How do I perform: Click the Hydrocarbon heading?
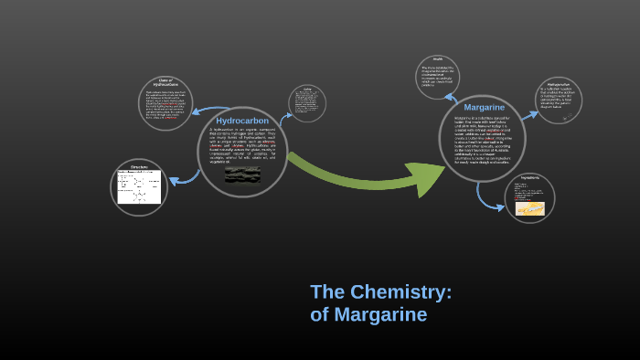(242, 121)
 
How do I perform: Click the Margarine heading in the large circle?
(484, 107)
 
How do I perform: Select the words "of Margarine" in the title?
(368, 315)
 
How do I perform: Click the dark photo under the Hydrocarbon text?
(242, 175)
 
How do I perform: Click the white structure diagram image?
(139, 187)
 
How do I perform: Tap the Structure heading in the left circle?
(139, 167)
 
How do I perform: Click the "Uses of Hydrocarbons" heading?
(165, 83)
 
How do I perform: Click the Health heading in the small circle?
(437, 59)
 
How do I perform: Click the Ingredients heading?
(529, 177)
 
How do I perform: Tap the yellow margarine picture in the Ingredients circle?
(529, 208)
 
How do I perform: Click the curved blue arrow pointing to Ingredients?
(485, 195)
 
